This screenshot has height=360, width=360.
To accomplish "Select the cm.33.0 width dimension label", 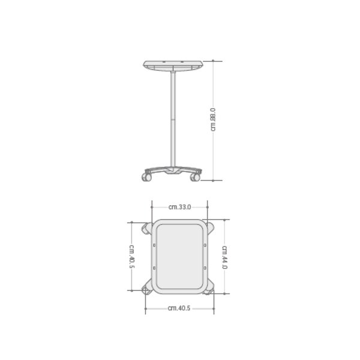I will tap(179, 207).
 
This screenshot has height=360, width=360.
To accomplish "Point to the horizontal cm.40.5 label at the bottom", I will tap(179, 309).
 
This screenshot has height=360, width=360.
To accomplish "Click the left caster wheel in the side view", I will tap(146, 177).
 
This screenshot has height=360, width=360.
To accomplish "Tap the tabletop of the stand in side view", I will tap(173, 65).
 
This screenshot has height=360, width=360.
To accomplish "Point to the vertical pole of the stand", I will tap(173, 120).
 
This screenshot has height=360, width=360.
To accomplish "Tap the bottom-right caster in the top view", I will tap(210, 290).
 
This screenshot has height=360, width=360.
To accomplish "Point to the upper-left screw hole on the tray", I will tap(154, 245).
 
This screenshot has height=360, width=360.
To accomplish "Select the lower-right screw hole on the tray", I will tap(205, 268).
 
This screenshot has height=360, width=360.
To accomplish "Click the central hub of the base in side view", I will tap(173, 171).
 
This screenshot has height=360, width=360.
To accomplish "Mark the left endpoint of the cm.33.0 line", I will tap(152, 207).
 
